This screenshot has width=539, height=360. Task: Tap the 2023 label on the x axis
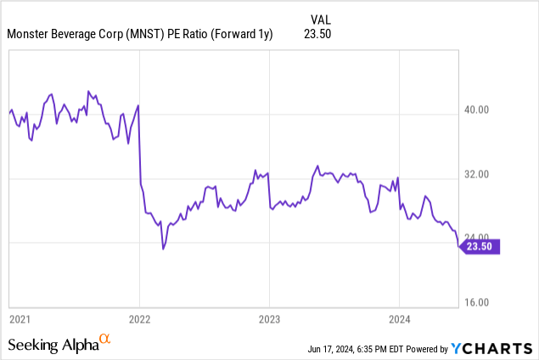(269, 319)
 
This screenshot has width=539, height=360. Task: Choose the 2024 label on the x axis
(399, 319)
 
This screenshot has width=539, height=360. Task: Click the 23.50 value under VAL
(317, 34)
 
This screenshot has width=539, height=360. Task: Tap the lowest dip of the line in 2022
(163, 249)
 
